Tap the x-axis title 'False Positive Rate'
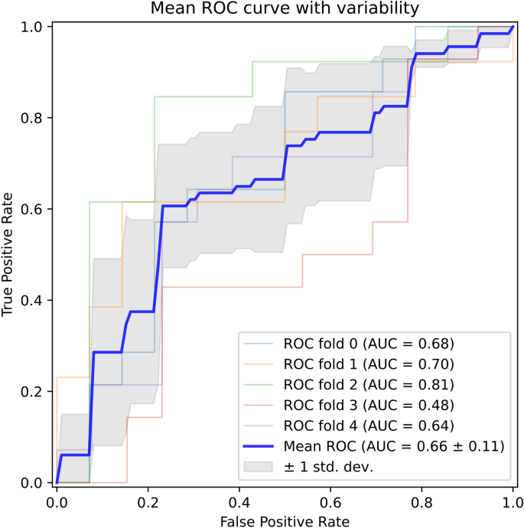[284, 520]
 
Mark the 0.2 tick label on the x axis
[148, 501]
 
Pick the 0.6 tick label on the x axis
[330, 501]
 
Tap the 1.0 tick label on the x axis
[513, 501]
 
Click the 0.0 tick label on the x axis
[57, 501]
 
